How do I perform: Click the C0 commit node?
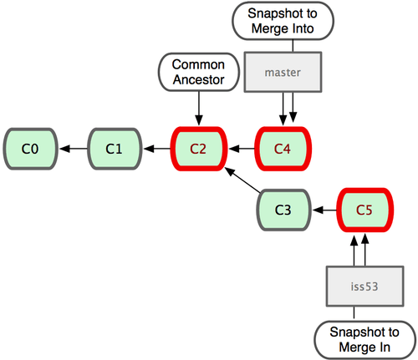point(30,150)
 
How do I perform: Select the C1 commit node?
point(115,150)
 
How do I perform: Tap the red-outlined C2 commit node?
point(198,150)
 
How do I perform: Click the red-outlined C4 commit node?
point(283,150)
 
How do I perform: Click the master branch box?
point(282,73)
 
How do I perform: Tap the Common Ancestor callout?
point(198,73)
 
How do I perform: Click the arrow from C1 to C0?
point(73,150)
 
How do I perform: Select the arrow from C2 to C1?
point(156,150)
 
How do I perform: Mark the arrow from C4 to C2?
point(241,150)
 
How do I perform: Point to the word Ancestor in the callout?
point(198,80)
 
